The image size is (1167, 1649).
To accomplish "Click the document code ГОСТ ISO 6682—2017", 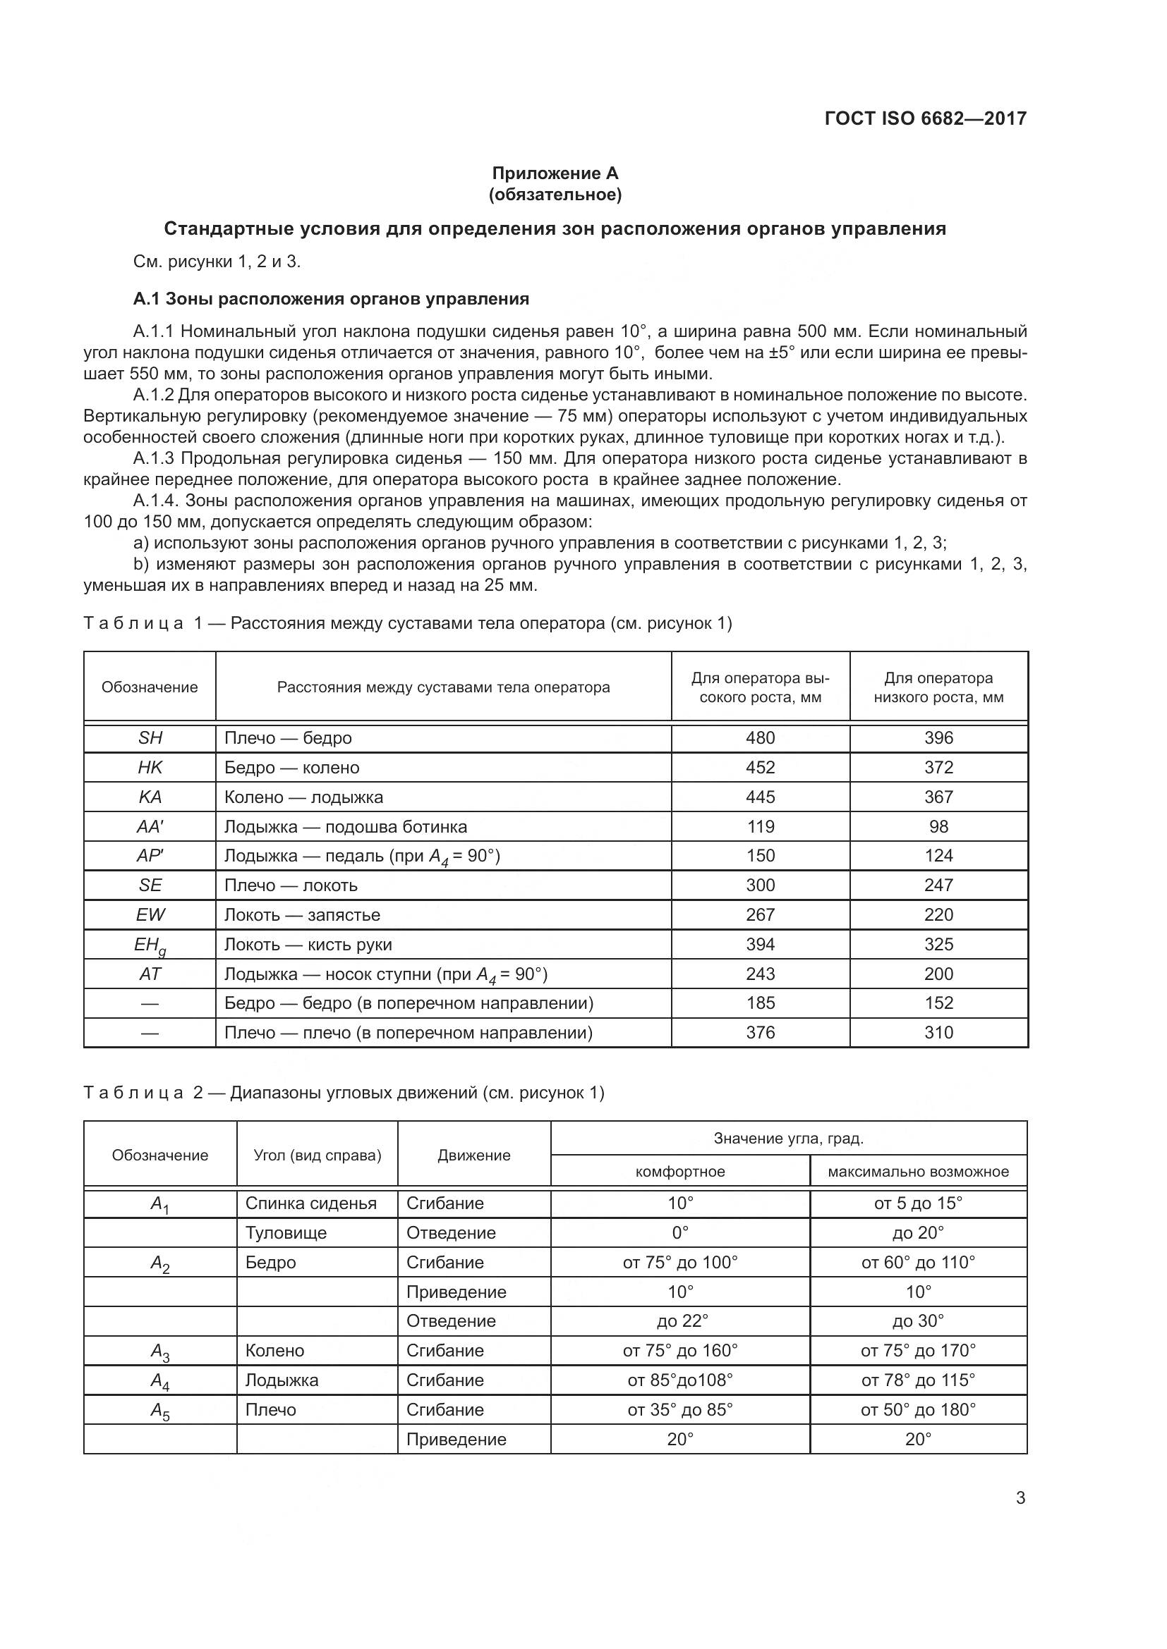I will [926, 118].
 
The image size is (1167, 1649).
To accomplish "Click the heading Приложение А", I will [555, 173].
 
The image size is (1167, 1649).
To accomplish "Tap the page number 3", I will [1020, 1497].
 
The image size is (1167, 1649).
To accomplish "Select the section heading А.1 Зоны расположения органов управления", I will [332, 299].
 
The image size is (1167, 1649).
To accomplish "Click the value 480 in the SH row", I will [761, 737].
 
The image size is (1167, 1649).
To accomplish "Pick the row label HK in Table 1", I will [150, 767].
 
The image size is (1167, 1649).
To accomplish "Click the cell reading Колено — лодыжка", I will [303, 797].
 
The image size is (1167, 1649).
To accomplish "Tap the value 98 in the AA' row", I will [938, 826].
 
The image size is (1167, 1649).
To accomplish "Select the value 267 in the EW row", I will [761, 914].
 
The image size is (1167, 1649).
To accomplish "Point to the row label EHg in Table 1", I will [150, 945].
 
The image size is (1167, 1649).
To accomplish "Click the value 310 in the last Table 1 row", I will [938, 1032].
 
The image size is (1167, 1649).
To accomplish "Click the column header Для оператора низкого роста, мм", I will [938, 687].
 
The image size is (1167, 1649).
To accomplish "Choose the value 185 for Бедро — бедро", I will [761, 1003].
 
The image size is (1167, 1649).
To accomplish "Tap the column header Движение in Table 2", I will [473, 1155].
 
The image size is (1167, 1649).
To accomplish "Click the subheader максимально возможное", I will [918, 1172].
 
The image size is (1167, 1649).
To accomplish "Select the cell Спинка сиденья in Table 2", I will [310, 1203].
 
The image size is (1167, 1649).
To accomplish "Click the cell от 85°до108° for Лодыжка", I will [679, 1380].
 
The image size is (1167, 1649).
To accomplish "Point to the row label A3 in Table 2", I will [159, 1351].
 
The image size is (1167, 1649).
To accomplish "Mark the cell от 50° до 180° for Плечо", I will [918, 1409].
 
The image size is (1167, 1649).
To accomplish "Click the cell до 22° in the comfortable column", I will [679, 1320].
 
